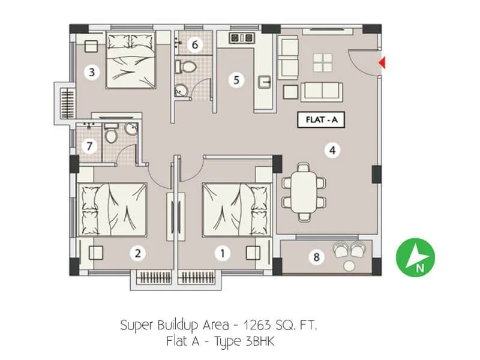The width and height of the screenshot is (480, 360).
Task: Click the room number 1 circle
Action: click(223, 253)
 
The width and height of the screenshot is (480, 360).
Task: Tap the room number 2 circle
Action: click(138, 253)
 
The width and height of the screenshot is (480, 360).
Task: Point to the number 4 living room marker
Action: click(331, 150)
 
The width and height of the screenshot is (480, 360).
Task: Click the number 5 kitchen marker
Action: click(238, 79)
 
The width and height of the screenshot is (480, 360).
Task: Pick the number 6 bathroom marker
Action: click(193, 44)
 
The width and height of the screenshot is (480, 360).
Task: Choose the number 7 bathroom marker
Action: click(89, 146)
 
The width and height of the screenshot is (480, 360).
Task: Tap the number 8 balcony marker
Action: click(316, 257)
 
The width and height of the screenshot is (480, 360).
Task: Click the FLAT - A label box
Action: click(321, 120)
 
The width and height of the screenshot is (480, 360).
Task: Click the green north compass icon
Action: click(415, 259)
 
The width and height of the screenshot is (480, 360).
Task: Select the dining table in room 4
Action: click(304, 191)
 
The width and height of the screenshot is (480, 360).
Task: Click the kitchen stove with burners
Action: click(242, 39)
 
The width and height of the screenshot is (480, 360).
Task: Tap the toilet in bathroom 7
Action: click(111, 134)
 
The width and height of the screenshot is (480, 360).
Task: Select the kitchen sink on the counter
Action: click(264, 82)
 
